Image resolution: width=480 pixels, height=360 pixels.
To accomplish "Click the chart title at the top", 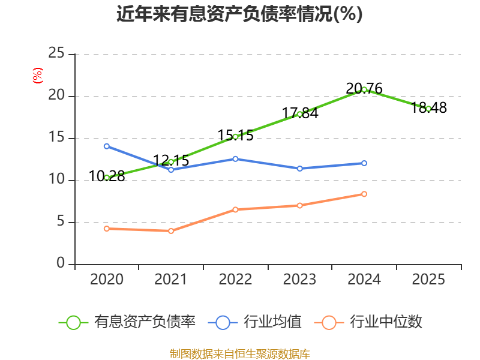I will click(239, 14).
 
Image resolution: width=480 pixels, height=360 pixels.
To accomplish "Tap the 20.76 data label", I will click(364, 89).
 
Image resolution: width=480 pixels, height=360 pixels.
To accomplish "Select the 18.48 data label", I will click(429, 108).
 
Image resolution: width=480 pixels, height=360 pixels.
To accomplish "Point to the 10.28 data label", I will click(107, 176).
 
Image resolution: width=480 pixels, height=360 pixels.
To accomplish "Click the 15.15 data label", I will click(235, 136).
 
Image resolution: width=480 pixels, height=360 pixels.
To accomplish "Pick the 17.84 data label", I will click(300, 113).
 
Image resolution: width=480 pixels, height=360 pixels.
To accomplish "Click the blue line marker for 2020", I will click(107, 146).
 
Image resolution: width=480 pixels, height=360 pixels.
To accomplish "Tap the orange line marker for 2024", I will click(364, 194).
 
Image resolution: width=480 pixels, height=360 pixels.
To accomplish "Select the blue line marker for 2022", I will click(235, 158).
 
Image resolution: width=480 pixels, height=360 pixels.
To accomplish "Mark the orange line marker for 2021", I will click(171, 231).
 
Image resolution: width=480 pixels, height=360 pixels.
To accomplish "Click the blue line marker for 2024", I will click(364, 163).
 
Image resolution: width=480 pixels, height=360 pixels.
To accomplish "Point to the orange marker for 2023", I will click(300, 205).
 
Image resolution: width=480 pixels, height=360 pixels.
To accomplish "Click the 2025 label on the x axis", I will click(429, 279).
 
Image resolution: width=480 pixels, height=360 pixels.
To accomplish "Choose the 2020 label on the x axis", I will click(107, 279).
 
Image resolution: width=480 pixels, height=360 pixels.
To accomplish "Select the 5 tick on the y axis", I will click(61, 222).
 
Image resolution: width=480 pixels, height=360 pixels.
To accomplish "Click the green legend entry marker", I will click(73, 322).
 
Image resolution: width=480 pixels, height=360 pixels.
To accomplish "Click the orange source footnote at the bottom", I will click(239, 353).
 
